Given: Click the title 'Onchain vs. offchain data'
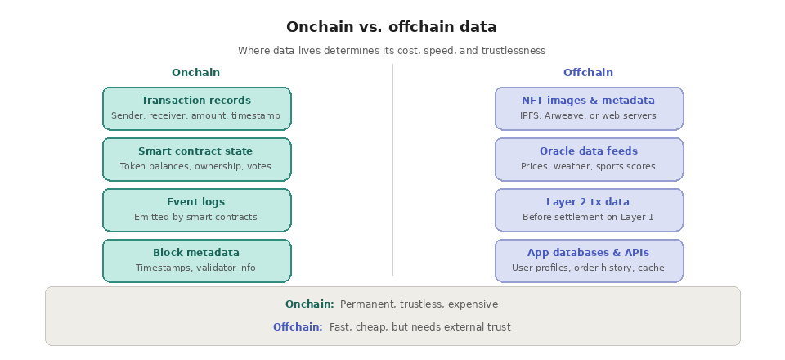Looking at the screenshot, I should click(x=392, y=27).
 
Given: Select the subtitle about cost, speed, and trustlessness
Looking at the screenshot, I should click(x=392, y=51).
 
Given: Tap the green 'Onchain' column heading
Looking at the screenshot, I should click(x=195, y=73).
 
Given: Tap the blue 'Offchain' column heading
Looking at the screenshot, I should click(x=588, y=73).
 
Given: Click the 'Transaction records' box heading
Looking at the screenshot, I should click(x=196, y=101).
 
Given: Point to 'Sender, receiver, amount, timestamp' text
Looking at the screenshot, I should click(x=196, y=116).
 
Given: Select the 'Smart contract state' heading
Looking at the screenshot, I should click(x=196, y=151).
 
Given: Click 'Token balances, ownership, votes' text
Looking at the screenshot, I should click(x=196, y=167).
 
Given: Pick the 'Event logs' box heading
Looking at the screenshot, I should click(x=196, y=202).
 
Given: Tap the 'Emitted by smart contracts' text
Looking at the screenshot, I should click(x=196, y=218).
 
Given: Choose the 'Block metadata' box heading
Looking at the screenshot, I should click(x=196, y=253).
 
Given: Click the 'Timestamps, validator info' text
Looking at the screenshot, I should click(x=196, y=268).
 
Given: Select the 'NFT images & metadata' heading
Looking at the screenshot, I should click(x=589, y=101).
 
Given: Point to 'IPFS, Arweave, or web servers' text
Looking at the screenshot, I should click(x=589, y=116).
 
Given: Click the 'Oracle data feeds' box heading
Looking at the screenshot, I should click(x=589, y=151).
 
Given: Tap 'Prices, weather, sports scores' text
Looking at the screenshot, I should click(x=589, y=167).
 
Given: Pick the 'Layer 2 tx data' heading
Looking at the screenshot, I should click(x=589, y=202).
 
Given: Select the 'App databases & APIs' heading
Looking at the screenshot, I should click(x=589, y=253).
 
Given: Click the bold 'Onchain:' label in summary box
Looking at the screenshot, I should click(x=309, y=304).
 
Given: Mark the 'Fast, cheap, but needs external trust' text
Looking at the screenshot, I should click(x=420, y=327).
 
